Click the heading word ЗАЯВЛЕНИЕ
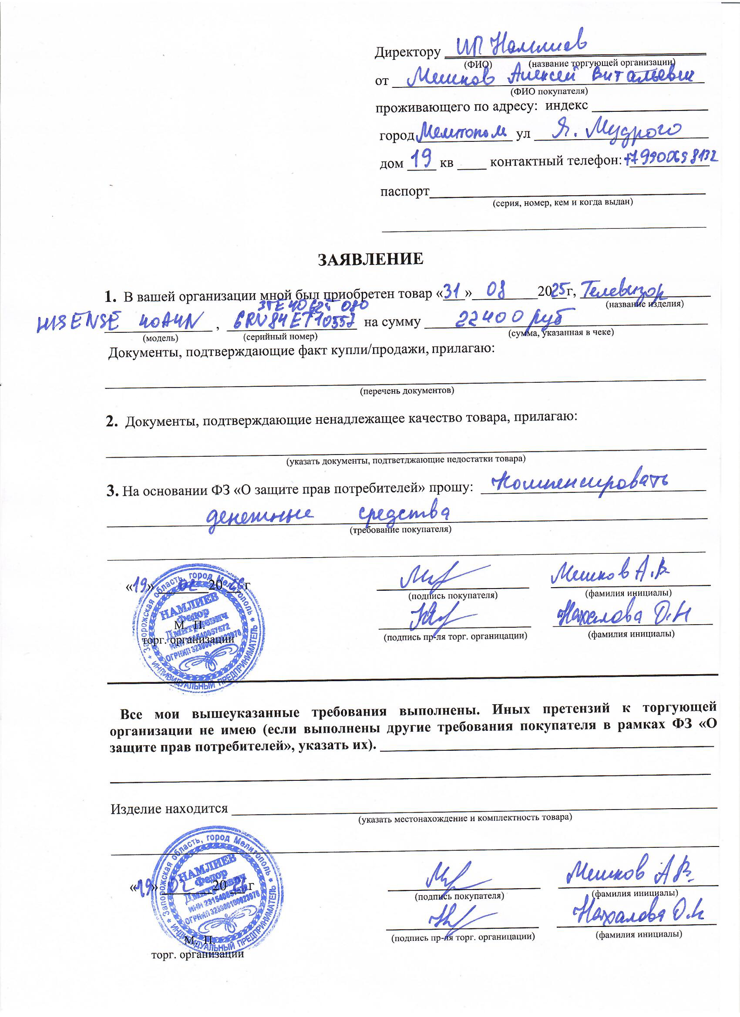(x=370, y=259)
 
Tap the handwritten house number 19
(x=421, y=159)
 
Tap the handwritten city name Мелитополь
(x=462, y=131)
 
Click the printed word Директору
(x=407, y=53)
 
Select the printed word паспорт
(x=404, y=191)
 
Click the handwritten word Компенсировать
(x=580, y=482)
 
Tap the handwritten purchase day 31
(x=452, y=292)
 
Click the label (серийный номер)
(x=280, y=336)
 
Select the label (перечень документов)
(x=407, y=391)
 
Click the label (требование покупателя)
(x=400, y=529)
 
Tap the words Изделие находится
(x=169, y=809)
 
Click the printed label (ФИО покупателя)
(x=549, y=91)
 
